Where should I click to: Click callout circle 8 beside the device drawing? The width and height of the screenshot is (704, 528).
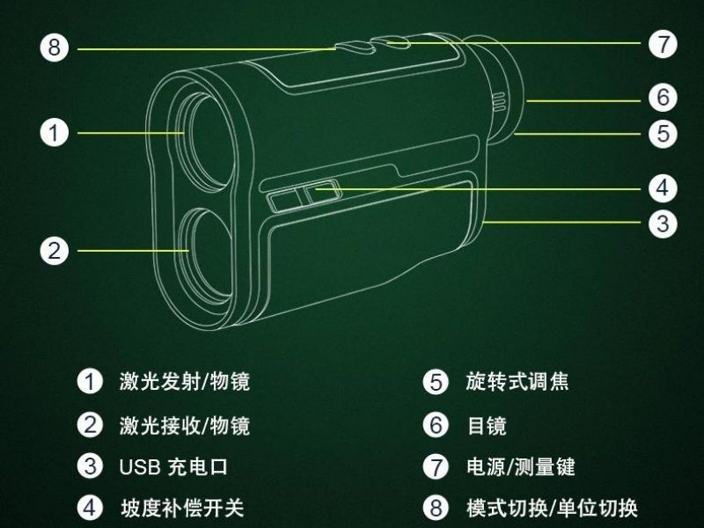click(x=55, y=48)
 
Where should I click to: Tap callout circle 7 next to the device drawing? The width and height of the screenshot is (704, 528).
click(x=663, y=44)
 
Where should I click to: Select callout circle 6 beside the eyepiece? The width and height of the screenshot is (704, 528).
click(x=663, y=96)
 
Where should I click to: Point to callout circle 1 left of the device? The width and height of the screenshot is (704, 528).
click(x=55, y=133)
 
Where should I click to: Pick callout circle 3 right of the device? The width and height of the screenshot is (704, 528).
click(x=663, y=223)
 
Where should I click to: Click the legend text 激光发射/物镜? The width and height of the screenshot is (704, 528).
click(x=184, y=381)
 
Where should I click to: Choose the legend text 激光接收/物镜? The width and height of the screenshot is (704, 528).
click(x=184, y=425)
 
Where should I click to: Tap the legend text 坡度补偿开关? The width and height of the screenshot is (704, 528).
click(x=182, y=508)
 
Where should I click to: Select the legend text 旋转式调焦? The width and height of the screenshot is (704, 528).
click(x=517, y=381)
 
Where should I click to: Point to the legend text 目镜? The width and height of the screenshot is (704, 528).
click(x=486, y=426)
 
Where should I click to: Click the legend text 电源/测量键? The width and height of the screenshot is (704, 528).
click(x=520, y=466)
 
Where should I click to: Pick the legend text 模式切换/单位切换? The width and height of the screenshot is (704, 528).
click(x=551, y=508)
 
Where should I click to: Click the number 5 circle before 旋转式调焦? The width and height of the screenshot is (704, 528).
click(x=436, y=382)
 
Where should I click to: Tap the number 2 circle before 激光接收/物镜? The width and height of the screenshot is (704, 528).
click(x=90, y=425)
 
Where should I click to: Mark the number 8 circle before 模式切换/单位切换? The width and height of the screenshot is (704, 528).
click(x=436, y=508)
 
